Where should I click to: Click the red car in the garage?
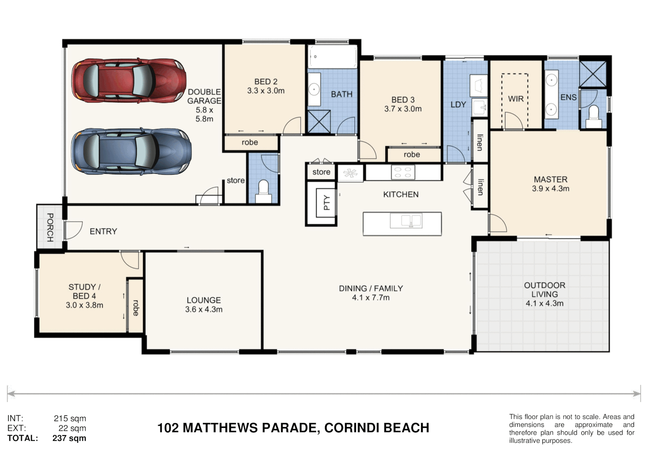[129, 81]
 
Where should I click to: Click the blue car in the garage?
[131, 151]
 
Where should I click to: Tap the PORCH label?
[50, 227]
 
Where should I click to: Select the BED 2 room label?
[266, 81]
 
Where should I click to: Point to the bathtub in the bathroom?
[333, 57]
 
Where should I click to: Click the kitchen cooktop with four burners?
[403, 172]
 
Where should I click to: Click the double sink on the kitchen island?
[406, 221]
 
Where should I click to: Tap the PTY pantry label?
[327, 202]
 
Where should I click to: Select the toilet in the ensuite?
[593, 117]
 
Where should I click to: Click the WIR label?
[516, 99]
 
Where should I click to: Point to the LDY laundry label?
[458, 104]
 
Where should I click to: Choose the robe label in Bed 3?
[412, 155]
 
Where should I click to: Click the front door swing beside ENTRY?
[73, 230]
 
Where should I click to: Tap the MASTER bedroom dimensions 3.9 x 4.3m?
[550, 189]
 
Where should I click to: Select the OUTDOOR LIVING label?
[545, 290]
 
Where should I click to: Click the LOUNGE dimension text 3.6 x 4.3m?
[204, 310]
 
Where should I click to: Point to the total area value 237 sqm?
[69, 438]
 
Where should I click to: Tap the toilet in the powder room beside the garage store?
[263, 191]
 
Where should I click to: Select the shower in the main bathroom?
[319, 122]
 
